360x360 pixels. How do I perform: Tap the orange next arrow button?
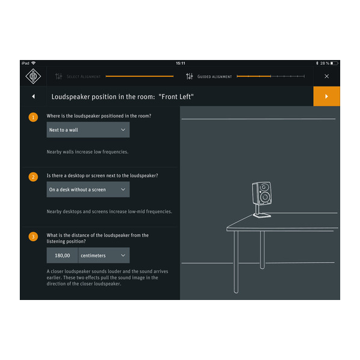pos(326,96)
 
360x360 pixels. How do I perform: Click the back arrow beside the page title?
pos(33,97)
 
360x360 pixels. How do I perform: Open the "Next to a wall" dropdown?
pos(88,130)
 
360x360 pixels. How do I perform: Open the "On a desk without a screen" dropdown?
pos(88,190)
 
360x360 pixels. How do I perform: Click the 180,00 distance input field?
pos(62,256)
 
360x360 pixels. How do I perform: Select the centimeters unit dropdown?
pos(104,256)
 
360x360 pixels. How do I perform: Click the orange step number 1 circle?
pos(33,116)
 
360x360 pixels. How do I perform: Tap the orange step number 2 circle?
pos(33,176)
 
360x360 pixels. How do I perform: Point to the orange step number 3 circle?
pos(33,236)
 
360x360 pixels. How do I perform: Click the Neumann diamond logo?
pos(33,76)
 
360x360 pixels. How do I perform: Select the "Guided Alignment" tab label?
pos(214,77)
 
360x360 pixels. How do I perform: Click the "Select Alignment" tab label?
pos(83,77)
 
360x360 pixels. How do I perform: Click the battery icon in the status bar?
pos(334,63)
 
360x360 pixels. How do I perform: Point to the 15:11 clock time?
pos(180,63)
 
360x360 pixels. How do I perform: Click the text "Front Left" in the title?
pos(176,97)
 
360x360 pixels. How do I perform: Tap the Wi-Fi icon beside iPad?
pos(34,63)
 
